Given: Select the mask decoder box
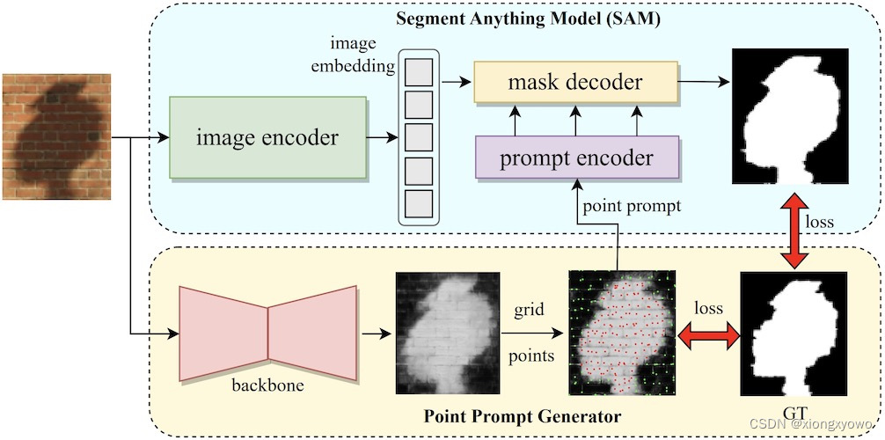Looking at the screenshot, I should click(x=575, y=82).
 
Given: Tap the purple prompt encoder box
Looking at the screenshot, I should click(x=576, y=158).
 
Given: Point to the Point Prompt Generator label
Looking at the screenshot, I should click(x=523, y=414).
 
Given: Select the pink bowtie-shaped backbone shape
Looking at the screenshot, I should click(x=267, y=334).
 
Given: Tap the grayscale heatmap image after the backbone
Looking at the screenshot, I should click(x=445, y=333).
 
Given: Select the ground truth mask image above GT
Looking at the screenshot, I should click(x=795, y=334).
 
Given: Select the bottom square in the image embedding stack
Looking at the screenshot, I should click(x=419, y=203).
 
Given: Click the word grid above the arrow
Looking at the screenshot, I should click(x=530, y=310).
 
